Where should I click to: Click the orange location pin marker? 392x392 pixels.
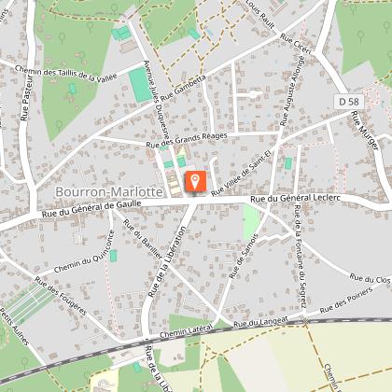(195, 179)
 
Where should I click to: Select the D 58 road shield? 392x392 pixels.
(346, 99)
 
